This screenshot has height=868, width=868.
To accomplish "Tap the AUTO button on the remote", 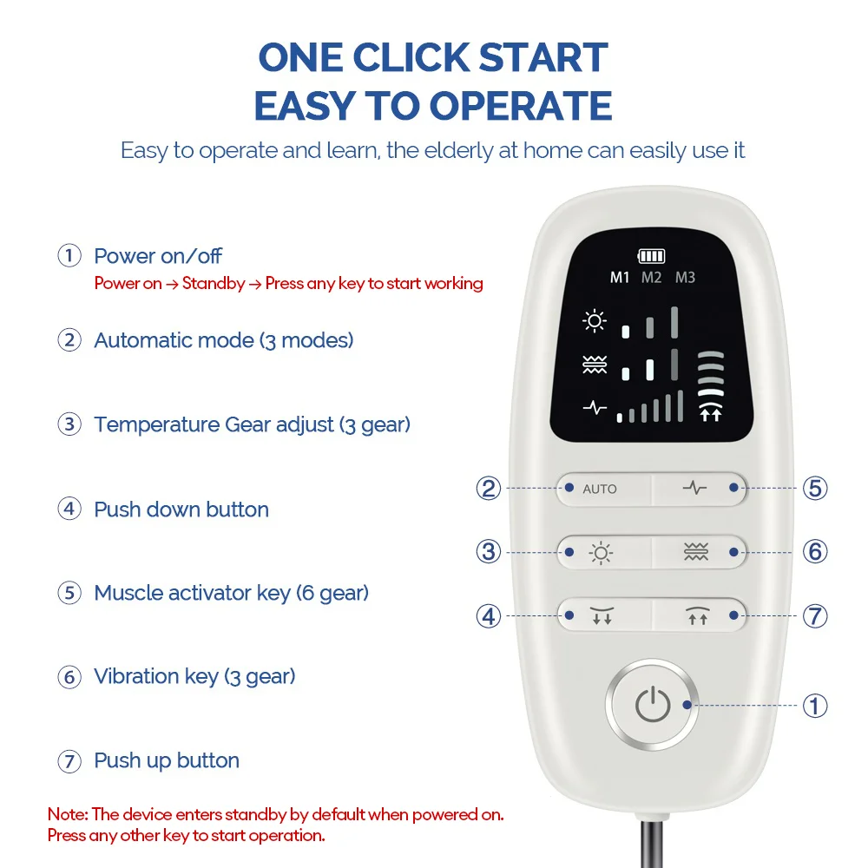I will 601,489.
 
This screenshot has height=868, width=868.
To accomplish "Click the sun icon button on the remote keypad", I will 601,552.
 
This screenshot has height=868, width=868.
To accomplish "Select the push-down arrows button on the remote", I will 601,616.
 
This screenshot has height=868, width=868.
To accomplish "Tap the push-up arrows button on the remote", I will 697,616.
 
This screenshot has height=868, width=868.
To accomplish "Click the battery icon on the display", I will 651,256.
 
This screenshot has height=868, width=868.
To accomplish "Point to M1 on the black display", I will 620,278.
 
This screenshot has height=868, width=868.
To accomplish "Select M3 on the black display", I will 685,278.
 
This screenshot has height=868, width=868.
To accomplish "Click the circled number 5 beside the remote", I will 814,489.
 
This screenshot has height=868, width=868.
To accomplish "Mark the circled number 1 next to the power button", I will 814,706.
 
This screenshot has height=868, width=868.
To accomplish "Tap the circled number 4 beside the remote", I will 489,616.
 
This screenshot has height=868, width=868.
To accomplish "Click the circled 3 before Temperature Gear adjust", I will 69,425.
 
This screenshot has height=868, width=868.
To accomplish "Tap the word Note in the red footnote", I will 65,815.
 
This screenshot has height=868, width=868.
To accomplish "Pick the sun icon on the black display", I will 595,322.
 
